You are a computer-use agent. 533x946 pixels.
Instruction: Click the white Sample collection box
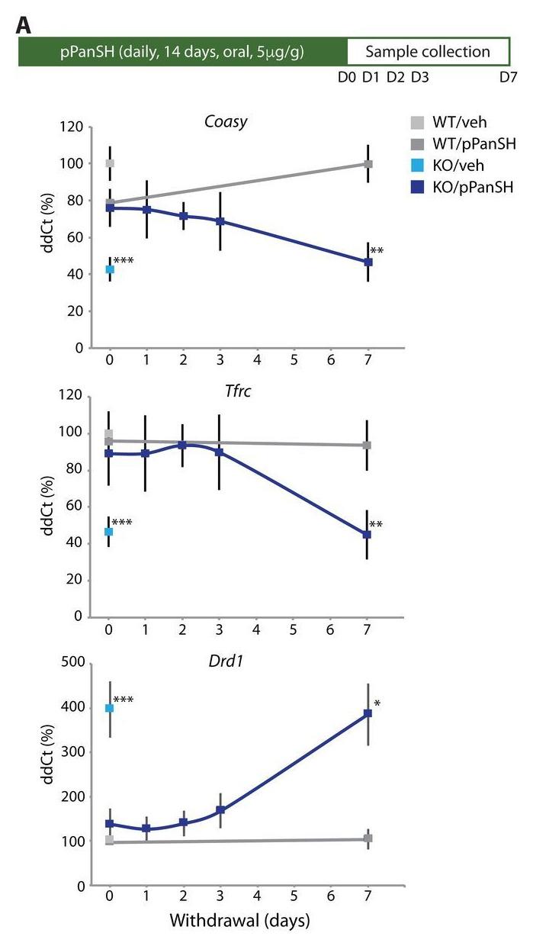[428, 53]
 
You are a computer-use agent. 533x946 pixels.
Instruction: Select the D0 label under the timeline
[347, 78]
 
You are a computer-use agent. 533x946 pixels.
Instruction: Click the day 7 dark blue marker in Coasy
[368, 262]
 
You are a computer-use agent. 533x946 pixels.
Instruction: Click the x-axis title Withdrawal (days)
[239, 921]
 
